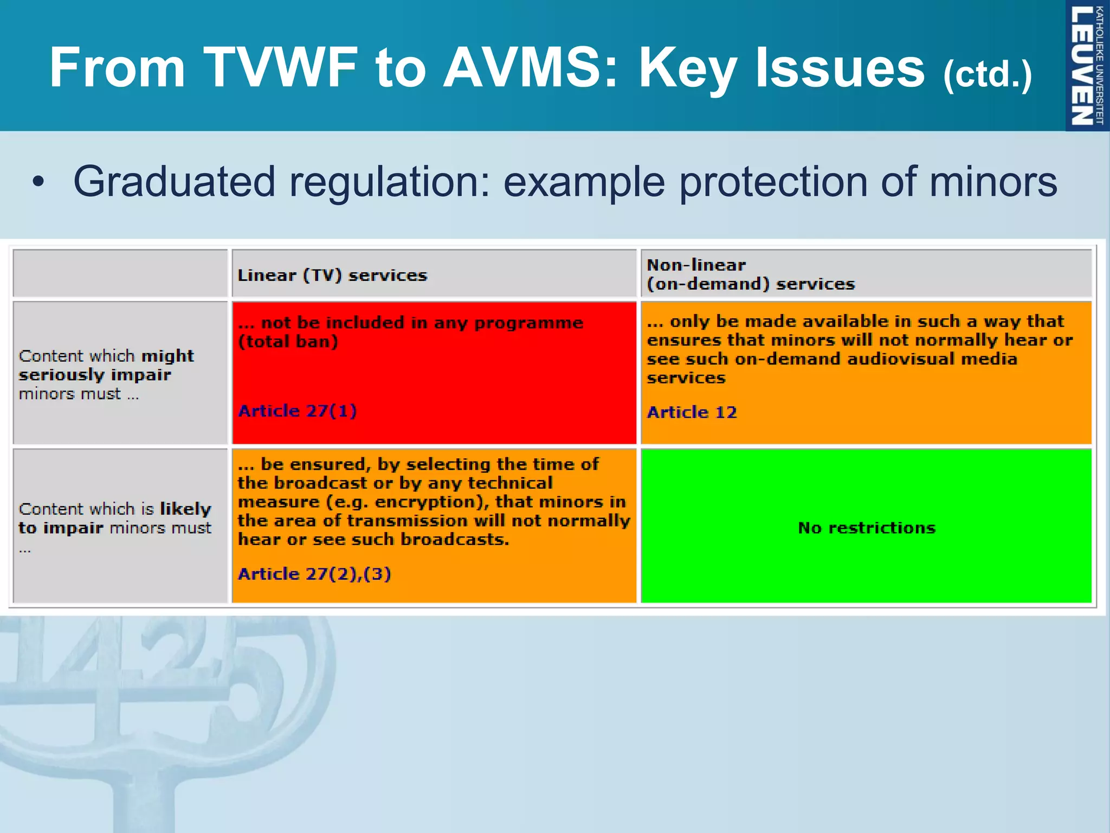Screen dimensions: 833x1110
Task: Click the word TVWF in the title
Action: point(281,67)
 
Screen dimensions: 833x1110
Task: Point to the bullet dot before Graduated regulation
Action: point(38,183)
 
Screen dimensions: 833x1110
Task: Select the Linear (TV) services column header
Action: point(332,275)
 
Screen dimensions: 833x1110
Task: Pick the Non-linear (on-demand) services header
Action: point(751,274)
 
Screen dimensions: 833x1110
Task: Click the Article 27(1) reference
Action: point(297,411)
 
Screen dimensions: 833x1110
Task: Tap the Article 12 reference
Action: point(692,412)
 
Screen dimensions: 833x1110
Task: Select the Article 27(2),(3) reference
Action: point(314,573)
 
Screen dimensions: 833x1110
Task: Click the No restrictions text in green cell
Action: point(866,528)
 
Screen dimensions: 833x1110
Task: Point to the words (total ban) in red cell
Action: point(288,342)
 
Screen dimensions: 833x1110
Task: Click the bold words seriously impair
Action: point(95,375)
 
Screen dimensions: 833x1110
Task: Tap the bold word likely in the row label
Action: point(185,509)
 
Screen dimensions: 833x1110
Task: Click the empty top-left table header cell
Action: point(120,273)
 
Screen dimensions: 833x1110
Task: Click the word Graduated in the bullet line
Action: point(174,182)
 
